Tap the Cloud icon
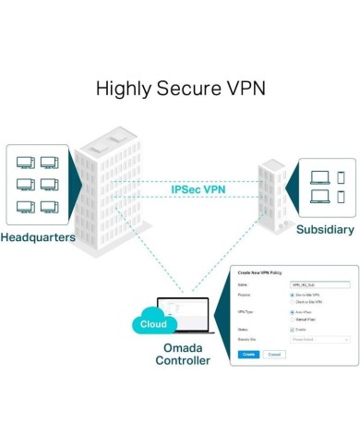153,324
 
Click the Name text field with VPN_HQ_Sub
319,286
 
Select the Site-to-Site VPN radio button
292,296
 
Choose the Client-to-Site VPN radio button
292,302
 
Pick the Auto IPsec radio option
292,312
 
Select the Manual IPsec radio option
292,319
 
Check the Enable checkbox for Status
292,329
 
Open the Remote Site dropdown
319,339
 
